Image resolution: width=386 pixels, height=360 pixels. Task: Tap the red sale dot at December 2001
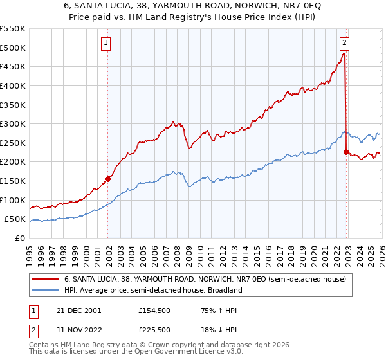pyautogui.click(x=108, y=179)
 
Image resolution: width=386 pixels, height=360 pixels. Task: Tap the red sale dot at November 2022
pyautogui.click(x=347, y=152)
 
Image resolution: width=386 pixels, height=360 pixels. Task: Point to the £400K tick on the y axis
pyautogui.click(x=14, y=85)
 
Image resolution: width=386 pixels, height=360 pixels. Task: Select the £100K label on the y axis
pyautogui.click(x=14, y=200)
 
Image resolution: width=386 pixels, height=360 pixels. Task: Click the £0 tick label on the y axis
pyautogui.click(x=19, y=238)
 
